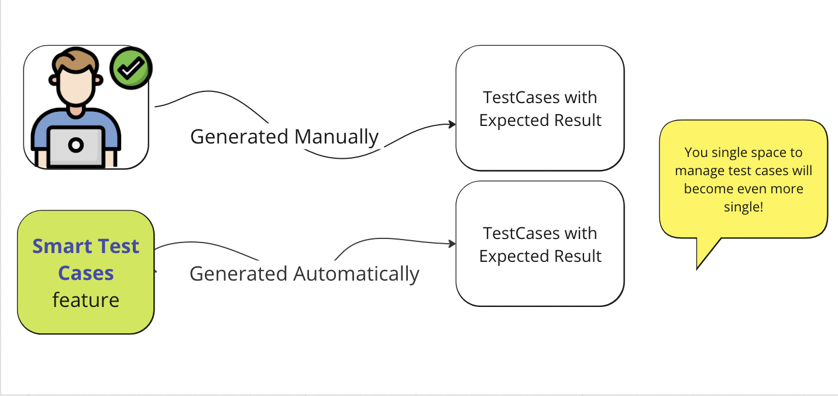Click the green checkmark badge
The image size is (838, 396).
coord(131,69)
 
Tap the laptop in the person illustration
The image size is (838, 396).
coord(75,145)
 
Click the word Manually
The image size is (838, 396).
coord(336,137)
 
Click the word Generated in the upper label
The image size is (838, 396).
coord(239,137)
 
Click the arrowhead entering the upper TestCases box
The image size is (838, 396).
coord(452,124)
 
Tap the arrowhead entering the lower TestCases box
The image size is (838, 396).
coord(452,243)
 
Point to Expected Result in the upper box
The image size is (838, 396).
coord(540,121)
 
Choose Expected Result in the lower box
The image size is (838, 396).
coord(540,257)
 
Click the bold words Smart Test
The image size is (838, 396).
coord(85,247)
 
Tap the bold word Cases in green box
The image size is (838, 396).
coord(85,273)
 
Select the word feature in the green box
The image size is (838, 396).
coord(85,300)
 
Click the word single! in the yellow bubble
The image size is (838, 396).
coord(743,207)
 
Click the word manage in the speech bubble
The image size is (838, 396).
coord(697,171)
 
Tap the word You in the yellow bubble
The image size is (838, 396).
coord(696,153)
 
